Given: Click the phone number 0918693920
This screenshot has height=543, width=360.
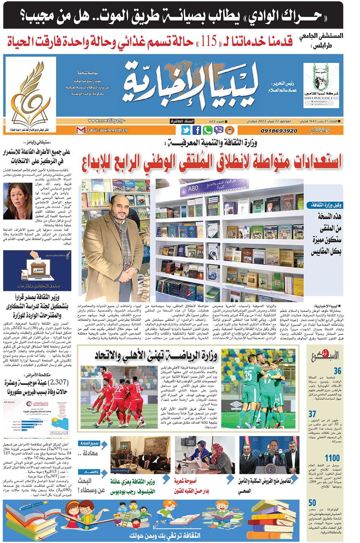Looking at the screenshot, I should (x=279, y=131).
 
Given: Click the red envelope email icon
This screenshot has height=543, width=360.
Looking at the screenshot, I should (x=81, y=130).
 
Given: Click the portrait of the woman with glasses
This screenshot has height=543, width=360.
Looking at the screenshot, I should (x=18, y=198).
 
